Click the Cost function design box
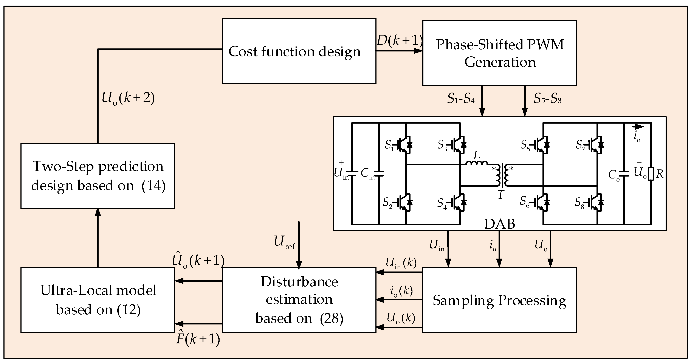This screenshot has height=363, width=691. coord(299,51)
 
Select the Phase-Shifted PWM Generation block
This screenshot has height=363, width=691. coord(499,53)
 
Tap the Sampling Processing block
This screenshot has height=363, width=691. coord(499,300)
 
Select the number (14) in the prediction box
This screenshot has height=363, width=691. coord(153,185)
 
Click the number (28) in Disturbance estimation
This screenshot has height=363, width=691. coord(332,318)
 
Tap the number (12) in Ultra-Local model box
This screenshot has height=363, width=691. coord(129,310)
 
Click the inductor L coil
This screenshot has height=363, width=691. coord(476,163)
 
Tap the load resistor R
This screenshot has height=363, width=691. coord(651,174)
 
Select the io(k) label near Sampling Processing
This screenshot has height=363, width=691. coord(401,291)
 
